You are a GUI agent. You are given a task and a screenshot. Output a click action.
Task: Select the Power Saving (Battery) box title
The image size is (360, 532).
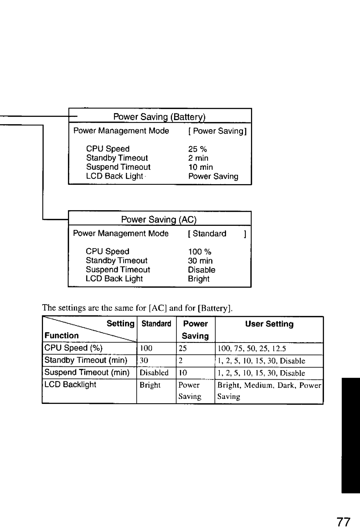click(159, 117)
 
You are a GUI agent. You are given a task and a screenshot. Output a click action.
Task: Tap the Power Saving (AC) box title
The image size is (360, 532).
click(159, 219)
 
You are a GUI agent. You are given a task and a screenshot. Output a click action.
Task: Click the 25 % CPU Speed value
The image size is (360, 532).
click(197, 149)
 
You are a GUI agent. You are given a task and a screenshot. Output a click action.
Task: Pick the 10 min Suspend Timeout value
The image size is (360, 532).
click(200, 167)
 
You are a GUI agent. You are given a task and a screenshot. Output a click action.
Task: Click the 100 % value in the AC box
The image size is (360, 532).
click(199, 252)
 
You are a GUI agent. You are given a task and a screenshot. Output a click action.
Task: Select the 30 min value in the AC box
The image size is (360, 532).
click(200, 261)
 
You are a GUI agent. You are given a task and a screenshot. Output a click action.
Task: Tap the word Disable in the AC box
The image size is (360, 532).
click(201, 270)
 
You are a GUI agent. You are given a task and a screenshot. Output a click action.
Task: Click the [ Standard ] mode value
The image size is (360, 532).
click(217, 234)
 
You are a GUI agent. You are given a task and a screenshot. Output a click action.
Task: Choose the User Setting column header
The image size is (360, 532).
click(269, 324)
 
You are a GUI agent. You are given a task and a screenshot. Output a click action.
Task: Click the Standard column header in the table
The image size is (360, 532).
click(156, 324)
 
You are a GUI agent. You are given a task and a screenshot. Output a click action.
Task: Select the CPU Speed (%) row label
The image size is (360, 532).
click(73, 348)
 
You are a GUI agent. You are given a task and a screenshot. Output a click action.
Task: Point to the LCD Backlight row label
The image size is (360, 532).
click(70, 385)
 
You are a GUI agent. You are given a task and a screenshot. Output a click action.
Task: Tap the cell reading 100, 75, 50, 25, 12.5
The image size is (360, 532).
click(252, 349)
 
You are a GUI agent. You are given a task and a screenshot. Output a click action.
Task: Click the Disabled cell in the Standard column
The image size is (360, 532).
click(154, 373)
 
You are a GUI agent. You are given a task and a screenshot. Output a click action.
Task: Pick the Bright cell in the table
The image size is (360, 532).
click(150, 385)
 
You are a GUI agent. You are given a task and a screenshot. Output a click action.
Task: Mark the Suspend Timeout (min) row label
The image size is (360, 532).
click(87, 373)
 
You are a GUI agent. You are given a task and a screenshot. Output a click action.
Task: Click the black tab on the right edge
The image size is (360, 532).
click(350, 435)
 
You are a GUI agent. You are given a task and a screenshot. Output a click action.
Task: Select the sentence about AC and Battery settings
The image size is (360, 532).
click(137, 308)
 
